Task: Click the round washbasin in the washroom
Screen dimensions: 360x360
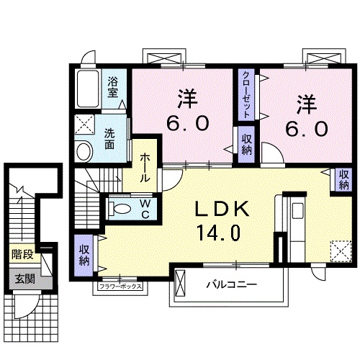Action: (84, 150)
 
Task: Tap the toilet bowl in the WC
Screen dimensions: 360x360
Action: (120, 209)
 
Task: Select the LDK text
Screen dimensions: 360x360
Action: (222, 210)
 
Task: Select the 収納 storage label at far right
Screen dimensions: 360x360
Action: (344, 179)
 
